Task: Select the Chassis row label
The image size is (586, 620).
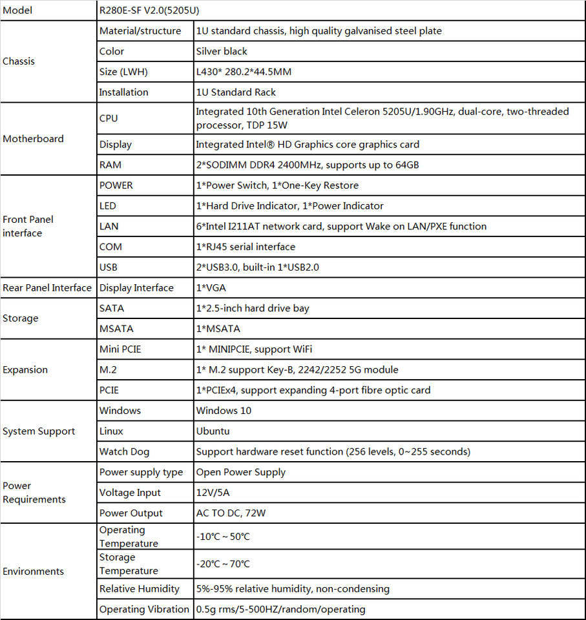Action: (19, 61)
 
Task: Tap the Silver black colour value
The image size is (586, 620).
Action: (222, 51)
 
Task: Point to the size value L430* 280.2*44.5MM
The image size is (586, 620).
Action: (244, 72)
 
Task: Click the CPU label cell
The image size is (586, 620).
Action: (109, 118)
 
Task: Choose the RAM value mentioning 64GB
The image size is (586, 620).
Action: (308, 165)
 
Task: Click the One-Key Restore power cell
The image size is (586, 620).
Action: (277, 185)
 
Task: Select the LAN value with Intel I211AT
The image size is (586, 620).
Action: (341, 226)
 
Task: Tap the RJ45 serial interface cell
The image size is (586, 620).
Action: (246, 247)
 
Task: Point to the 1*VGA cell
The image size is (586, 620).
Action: (211, 288)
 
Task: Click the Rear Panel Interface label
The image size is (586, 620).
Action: (47, 288)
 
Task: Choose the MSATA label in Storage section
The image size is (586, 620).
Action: (116, 329)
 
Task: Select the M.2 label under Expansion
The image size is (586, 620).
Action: (108, 369)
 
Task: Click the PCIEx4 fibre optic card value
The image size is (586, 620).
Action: (313, 390)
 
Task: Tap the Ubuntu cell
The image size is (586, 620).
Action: (213, 431)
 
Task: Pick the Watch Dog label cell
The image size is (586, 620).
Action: (124, 451)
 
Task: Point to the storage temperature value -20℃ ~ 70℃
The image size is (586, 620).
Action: (223, 564)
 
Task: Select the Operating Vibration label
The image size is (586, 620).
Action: (144, 609)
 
